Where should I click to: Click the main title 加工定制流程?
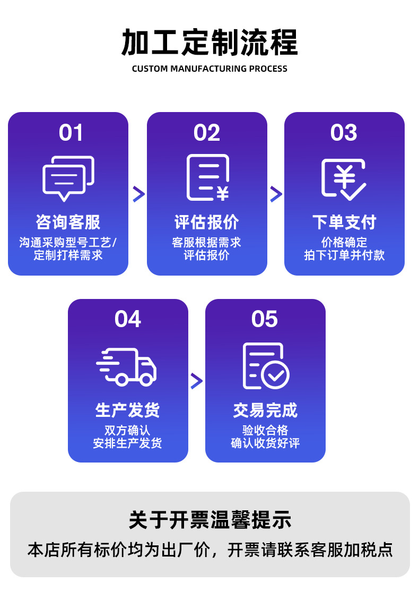(210, 42)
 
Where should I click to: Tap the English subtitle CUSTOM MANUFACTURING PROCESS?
(210, 69)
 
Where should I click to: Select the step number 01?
(71, 133)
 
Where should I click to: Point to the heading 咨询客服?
(68, 222)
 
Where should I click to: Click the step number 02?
(207, 133)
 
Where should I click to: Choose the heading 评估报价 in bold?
(207, 222)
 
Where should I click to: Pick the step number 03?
(344, 133)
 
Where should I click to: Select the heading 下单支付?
(344, 222)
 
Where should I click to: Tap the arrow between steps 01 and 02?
(138, 194)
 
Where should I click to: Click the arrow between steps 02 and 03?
(276, 194)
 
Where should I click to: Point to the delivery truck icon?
(127, 366)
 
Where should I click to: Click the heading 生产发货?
(128, 410)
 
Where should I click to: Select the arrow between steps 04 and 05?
(197, 381)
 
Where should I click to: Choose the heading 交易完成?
(265, 410)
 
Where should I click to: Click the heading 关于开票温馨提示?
(210, 520)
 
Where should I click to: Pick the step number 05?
(265, 320)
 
